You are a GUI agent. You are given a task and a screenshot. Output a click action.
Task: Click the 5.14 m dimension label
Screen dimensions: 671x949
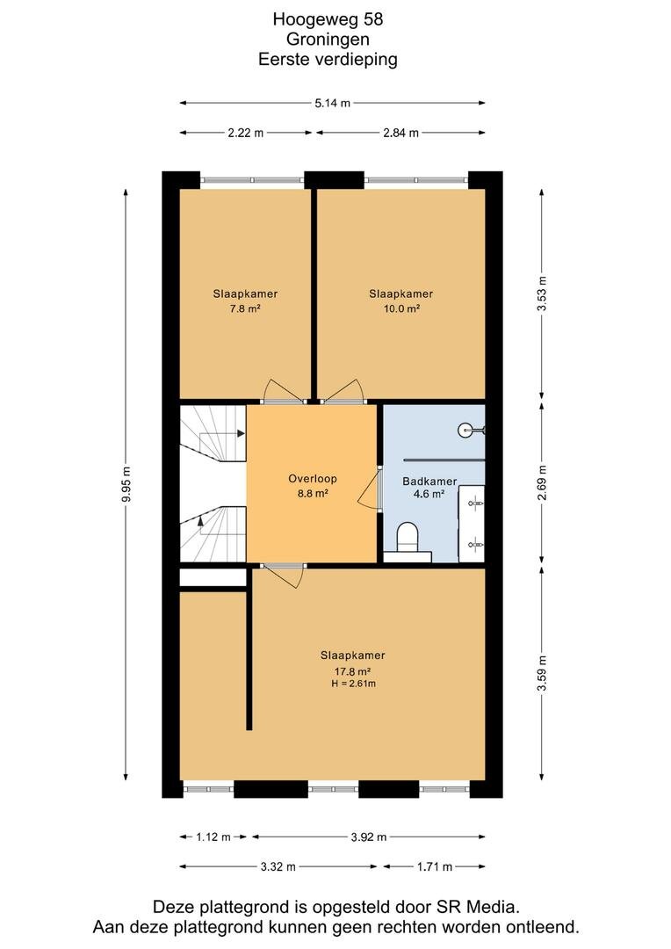point(332,103)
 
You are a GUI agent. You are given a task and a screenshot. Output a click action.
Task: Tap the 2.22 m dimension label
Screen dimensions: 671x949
point(246,133)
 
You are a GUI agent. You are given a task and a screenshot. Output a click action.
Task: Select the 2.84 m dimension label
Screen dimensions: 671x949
point(400,133)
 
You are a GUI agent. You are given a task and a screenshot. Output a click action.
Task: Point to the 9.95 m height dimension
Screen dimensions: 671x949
point(126,485)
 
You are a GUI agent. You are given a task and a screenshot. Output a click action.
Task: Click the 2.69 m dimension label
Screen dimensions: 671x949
point(542,482)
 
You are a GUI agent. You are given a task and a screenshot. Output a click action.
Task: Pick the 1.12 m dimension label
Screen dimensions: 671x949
point(213,837)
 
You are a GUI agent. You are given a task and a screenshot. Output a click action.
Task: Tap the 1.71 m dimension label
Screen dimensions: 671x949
point(435,866)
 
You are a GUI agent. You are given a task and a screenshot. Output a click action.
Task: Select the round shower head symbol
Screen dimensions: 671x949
point(465,431)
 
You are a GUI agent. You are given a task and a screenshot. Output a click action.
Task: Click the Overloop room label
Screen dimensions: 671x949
point(312,479)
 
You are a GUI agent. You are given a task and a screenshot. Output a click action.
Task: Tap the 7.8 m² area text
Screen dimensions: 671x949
point(244,308)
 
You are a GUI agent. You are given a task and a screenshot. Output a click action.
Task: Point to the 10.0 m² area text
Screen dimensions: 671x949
point(400,308)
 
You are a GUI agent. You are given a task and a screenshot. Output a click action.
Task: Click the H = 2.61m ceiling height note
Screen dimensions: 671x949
point(353,684)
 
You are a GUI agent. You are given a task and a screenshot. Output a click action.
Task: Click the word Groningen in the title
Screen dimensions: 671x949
point(328,40)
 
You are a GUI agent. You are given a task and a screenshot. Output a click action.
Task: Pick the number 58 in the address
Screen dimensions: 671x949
point(372,19)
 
